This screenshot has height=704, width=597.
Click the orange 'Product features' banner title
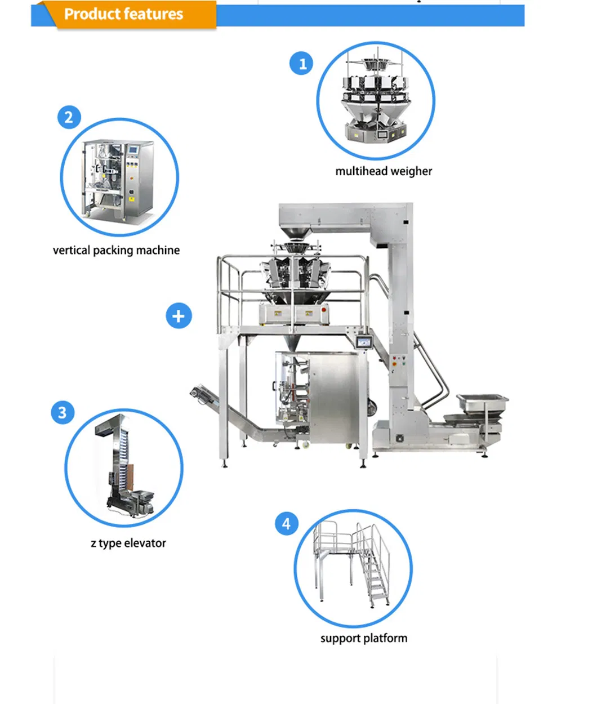[x=123, y=14]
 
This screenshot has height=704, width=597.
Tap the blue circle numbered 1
[x=301, y=63]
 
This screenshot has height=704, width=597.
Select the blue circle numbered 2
[x=69, y=117]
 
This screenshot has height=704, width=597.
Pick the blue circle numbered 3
[x=63, y=412]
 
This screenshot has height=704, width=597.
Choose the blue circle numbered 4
[x=287, y=523]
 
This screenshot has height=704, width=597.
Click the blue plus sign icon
[x=179, y=316]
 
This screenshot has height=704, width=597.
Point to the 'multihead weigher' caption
[x=384, y=171]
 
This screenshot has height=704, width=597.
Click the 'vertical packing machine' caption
[x=116, y=250]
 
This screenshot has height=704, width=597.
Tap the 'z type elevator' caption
[x=128, y=543]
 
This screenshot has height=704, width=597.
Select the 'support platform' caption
[x=364, y=638]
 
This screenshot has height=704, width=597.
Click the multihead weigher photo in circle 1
[x=375, y=96]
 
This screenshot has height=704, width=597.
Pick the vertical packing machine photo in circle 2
[x=117, y=179]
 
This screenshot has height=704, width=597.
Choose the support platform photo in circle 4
[x=351, y=568]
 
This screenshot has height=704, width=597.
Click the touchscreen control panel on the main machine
[x=364, y=342]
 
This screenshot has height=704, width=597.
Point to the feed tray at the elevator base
[x=482, y=403]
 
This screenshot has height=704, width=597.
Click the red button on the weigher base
[x=323, y=310]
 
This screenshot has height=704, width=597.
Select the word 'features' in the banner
[x=153, y=14]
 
